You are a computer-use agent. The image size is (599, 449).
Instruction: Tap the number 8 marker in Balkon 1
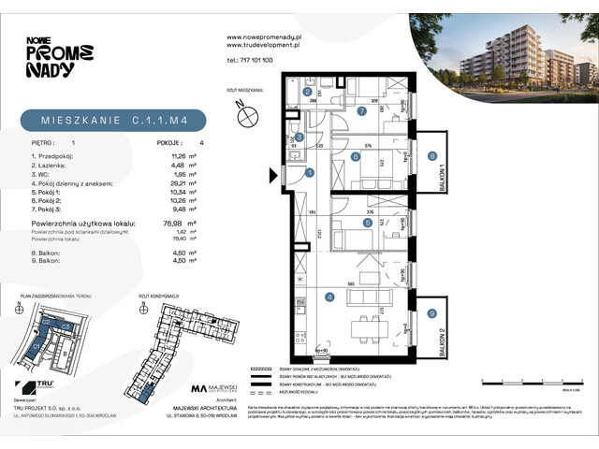[x=431, y=156]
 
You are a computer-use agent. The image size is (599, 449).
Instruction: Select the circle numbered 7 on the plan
[x=361, y=110]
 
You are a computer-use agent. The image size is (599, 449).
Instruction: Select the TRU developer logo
[x=40, y=387]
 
